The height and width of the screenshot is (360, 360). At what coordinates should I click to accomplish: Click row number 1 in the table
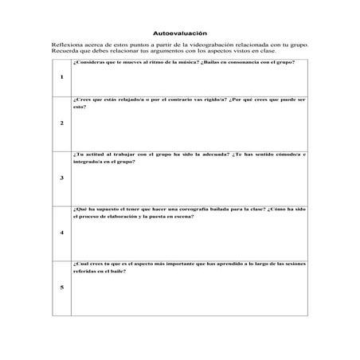tap(61, 77)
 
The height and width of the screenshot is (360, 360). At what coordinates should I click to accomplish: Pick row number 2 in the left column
tap(61, 123)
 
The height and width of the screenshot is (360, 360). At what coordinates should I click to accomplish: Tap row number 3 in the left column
tap(61, 178)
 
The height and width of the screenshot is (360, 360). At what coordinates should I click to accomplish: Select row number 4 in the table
tap(61, 233)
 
